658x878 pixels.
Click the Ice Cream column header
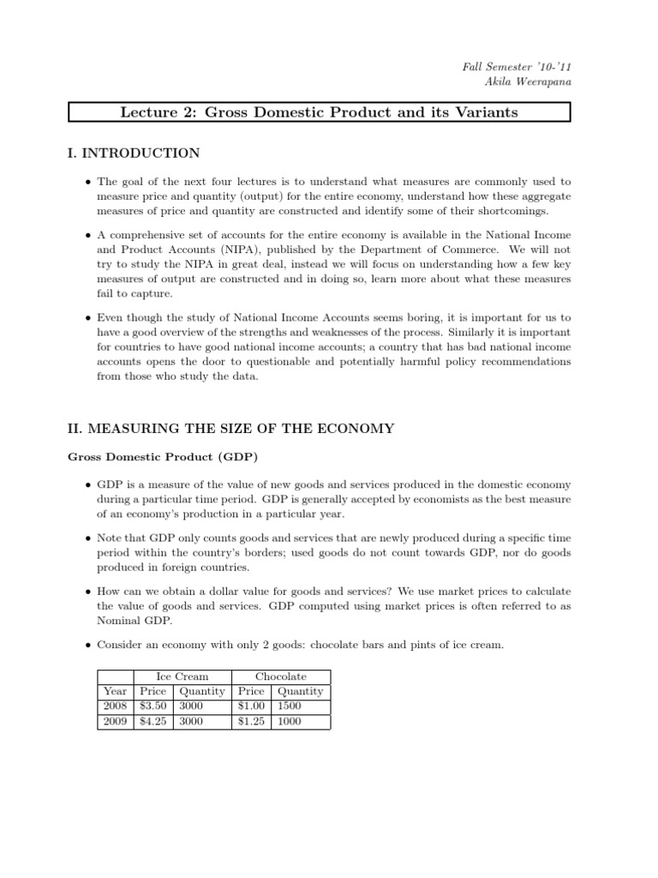point(182,677)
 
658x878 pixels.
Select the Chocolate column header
point(281,677)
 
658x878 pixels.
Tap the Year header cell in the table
point(115,691)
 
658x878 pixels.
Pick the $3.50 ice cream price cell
point(153,707)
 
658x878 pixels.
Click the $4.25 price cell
point(153,721)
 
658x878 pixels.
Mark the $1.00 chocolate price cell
point(251,707)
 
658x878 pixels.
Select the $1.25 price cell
point(251,721)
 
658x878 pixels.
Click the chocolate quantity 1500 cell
point(291,707)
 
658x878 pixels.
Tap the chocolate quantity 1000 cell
point(291,721)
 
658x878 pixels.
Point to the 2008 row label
point(115,707)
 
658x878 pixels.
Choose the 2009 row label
point(115,721)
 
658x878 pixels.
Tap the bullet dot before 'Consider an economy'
point(89,645)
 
